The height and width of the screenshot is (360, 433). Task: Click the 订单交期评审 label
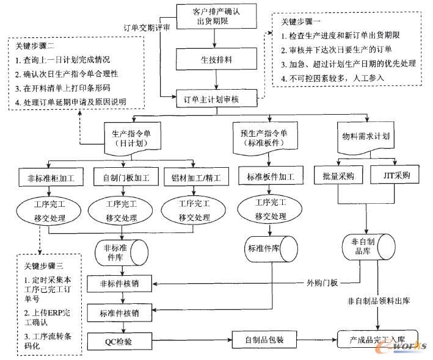point(147,27)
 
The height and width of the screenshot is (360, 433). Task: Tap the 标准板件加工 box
point(271,177)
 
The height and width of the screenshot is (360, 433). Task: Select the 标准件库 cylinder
point(266,250)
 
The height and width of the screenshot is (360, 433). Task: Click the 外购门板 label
point(322,283)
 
